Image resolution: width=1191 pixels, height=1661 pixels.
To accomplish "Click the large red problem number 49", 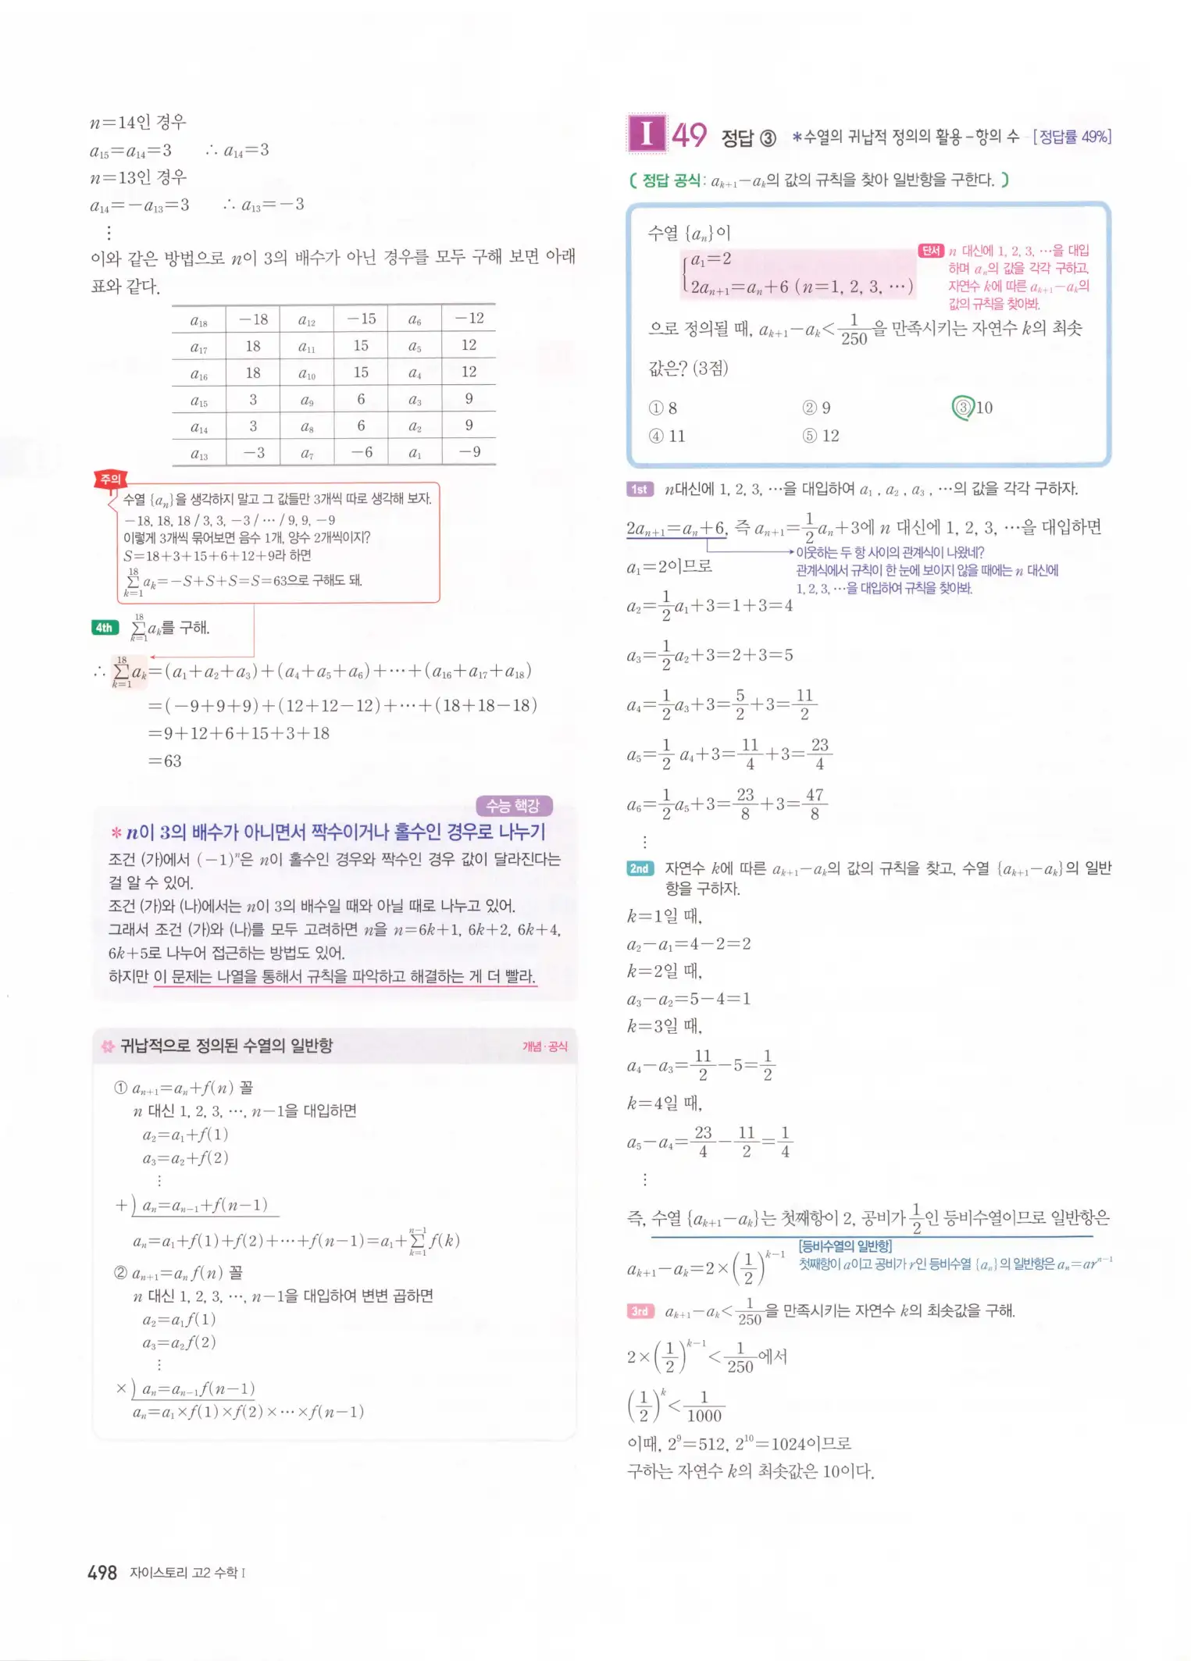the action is pos(689,135).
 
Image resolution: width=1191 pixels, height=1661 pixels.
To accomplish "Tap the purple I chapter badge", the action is pos(647,134).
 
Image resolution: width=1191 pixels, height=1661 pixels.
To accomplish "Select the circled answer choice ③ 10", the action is pos(972,408).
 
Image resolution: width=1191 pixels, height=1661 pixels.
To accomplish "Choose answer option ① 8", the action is pos(663,408).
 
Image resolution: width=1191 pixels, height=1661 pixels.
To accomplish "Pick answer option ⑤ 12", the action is pos(821,436).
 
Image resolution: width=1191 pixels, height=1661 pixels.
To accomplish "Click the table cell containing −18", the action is pos(253,319).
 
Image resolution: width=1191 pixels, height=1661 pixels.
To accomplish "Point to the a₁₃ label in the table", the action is pos(199,454).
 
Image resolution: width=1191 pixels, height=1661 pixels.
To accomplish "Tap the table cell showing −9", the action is pos(469,452).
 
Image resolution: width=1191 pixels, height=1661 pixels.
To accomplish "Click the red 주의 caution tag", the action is pos(110,479).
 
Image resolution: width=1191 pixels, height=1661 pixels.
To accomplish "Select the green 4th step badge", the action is pos(105,628).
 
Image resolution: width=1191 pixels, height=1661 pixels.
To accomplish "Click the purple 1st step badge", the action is pos(639,490).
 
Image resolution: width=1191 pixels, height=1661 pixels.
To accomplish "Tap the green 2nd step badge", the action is pos(640,868).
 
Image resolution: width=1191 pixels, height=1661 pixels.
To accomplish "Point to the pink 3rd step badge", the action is pos(640,1311).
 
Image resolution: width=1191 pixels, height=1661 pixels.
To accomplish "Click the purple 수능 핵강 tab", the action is pos(514,805).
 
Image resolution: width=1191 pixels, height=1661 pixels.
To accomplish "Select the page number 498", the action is pos(102,1572).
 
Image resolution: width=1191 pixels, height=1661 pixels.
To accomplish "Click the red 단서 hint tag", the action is pos(930,251).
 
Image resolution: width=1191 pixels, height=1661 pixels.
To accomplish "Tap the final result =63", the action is pos(165,761).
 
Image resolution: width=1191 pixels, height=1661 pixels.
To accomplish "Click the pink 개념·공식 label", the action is pos(545,1046).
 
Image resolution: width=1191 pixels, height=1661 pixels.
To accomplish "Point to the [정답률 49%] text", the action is pos(1072,137).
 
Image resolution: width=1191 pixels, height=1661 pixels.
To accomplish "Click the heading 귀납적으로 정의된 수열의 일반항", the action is pos(226,1046).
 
